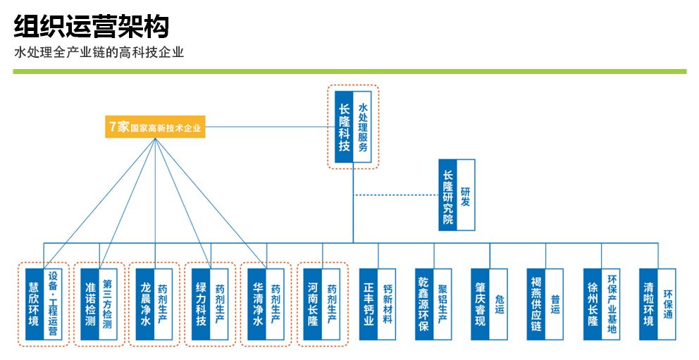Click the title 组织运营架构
point(92,27)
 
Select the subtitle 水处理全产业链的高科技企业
point(99,53)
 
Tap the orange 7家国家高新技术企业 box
point(155,128)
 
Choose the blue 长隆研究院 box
point(447,194)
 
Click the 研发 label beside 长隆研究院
point(465,194)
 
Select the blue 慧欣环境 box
point(34,304)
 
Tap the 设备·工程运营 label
point(52,304)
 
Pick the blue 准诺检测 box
point(89,304)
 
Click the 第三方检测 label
point(108,304)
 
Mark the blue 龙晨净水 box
point(145,304)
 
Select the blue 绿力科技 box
point(201,304)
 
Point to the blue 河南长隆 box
point(313,304)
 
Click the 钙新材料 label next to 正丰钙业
point(387,304)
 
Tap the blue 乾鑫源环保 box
point(424,304)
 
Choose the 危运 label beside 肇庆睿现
point(498,304)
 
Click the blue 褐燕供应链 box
point(536,304)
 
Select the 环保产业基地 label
point(611,304)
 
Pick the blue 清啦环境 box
point(648,304)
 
